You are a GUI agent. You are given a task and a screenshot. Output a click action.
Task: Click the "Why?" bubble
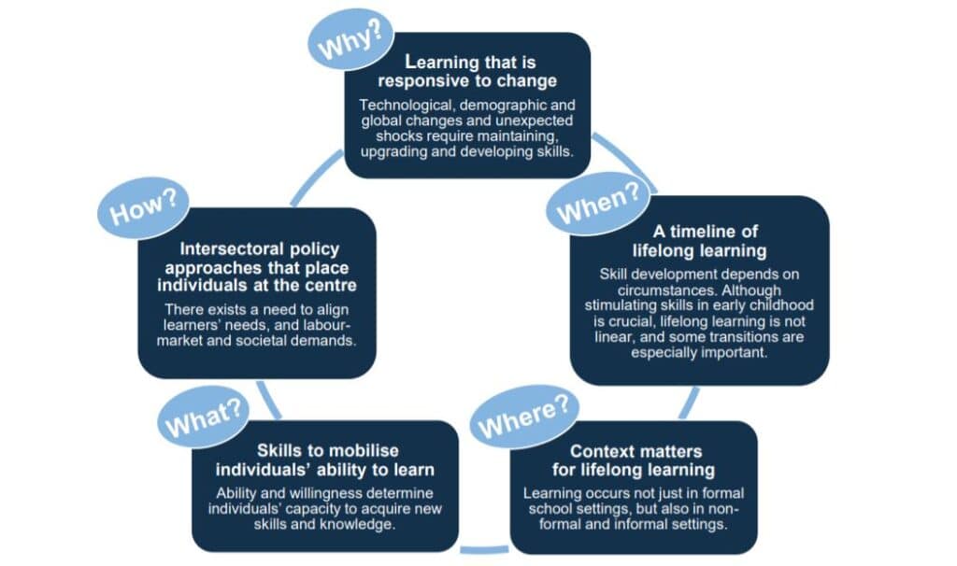[351, 38]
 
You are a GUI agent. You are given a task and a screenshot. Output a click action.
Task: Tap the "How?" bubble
[143, 207]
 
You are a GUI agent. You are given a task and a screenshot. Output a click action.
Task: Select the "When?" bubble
[598, 203]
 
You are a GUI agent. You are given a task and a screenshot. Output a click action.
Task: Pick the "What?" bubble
[203, 416]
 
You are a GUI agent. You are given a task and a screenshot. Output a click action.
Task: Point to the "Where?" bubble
[524, 416]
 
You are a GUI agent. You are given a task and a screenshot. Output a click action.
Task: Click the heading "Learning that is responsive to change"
[467, 71]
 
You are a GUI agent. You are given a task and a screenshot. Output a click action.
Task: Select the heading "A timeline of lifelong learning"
[699, 241]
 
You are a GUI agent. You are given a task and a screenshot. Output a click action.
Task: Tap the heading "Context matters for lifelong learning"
[635, 460]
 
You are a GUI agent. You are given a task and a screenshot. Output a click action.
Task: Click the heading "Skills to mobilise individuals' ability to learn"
[325, 460]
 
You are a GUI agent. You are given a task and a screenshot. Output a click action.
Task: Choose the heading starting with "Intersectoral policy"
[257, 267]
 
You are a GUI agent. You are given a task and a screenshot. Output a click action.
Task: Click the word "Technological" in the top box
[406, 106]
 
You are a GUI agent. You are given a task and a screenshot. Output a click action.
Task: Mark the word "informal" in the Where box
[614, 524]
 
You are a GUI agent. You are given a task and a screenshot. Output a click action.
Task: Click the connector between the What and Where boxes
[484, 550]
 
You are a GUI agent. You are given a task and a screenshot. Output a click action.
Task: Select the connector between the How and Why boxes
[316, 177]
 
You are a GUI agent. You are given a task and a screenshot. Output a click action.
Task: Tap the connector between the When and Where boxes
[689, 403]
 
